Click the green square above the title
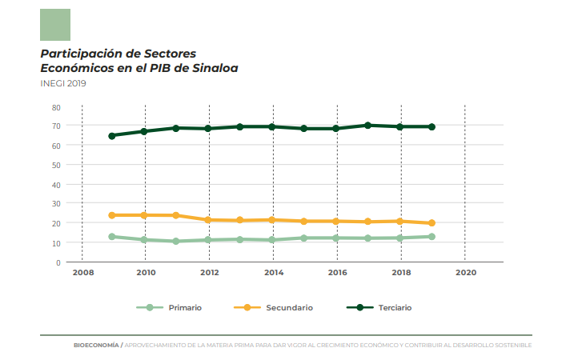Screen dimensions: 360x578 click(55, 25)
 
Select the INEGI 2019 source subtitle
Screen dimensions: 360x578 click(63, 83)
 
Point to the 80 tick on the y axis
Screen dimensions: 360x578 click(55, 106)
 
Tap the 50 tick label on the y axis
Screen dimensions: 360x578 click(55, 165)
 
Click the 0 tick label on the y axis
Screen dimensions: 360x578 click(58, 262)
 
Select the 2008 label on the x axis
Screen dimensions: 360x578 click(82, 273)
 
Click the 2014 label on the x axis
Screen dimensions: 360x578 click(273, 273)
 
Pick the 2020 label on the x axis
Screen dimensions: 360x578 click(464, 273)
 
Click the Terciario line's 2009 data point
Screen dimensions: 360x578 click(112, 136)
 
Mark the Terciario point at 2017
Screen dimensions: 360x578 click(367, 126)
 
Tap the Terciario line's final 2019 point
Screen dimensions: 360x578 click(431, 127)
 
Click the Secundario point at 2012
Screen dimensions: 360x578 click(208, 219)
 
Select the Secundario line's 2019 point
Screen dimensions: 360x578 click(431, 223)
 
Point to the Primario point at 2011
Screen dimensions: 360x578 click(176, 241)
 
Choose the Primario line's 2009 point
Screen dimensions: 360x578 click(112, 237)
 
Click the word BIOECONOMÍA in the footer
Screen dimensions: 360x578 click(96, 345)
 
